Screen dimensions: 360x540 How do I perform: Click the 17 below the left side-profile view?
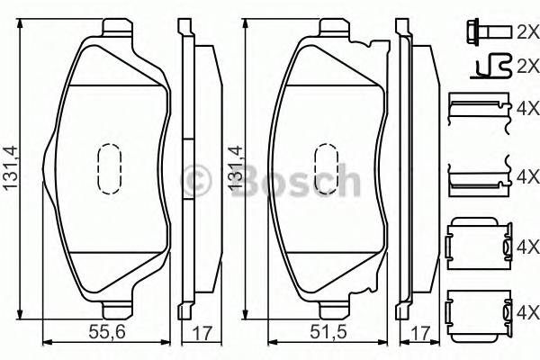pyautogui.click(x=202, y=332)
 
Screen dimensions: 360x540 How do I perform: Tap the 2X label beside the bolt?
pyautogui.click(x=525, y=32)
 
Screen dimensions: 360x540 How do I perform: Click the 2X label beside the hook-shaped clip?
pyautogui.click(x=525, y=66)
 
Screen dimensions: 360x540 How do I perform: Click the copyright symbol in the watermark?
pyautogui.click(x=196, y=180)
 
